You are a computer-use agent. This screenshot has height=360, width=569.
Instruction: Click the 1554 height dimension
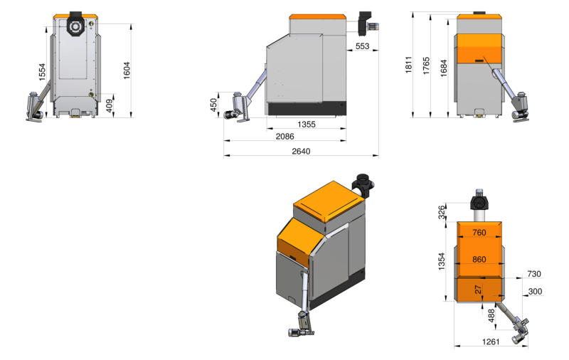pyautogui.click(x=42, y=72)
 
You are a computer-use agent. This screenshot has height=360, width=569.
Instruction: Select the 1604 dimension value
pyautogui.click(x=127, y=70)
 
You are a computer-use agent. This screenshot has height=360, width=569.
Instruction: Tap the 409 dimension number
pyautogui.click(x=110, y=105)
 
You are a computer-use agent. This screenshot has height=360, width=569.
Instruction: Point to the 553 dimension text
pyautogui.click(x=362, y=46)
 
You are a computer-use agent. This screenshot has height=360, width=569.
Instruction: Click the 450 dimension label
pyautogui.click(x=213, y=105)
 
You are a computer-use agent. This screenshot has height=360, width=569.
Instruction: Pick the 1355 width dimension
pyautogui.click(x=307, y=125)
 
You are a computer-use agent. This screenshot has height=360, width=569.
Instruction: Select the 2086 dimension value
pyautogui.click(x=285, y=137)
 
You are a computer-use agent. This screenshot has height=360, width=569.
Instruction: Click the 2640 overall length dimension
pyautogui.click(x=301, y=152)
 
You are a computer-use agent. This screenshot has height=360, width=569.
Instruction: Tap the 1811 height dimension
pyautogui.click(x=408, y=65)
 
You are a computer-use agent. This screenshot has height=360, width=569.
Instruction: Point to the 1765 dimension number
pyautogui.click(x=426, y=65)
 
